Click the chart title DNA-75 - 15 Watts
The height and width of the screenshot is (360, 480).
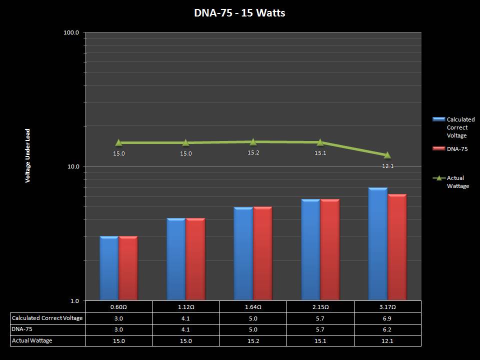pyautogui.click(x=239, y=13)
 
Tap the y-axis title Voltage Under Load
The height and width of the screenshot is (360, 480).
pyautogui.click(x=28, y=155)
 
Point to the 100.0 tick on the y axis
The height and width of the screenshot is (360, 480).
pyautogui.click(x=71, y=33)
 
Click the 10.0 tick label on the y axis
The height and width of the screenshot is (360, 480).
pyautogui.click(x=73, y=166)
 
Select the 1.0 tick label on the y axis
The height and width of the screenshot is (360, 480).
pyautogui.click(x=74, y=300)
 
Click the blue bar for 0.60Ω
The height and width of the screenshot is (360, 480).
pyautogui.click(x=109, y=268)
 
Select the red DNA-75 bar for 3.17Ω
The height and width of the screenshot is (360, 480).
pyautogui.click(x=397, y=247)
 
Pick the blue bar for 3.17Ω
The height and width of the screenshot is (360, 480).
pyautogui.click(x=377, y=244)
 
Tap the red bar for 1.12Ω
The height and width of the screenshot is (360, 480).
pyautogui.click(x=195, y=259)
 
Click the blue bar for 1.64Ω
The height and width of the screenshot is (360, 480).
pyautogui.click(x=243, y=253)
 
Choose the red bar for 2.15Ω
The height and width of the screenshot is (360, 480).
pyautogui.click(x=330, y=250)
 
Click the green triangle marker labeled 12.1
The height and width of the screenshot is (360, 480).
pyautogui.click(x=387, y=155)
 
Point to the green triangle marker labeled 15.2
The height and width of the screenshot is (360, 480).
pyautogui.click(x=253, y=141)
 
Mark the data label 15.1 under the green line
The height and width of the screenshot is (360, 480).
pyautogui.click(x=320, y=153)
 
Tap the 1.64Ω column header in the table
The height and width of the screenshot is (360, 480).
pyautogui.click(x=253, y=306)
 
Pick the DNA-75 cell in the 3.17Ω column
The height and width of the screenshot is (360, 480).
pyautogui.click(x=387, y=329)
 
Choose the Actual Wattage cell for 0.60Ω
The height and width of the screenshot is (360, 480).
pyautogui.click(x=118, y=340)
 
